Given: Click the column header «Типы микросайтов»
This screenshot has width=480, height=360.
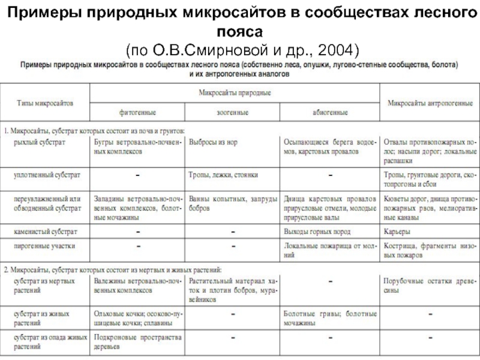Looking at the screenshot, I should (x=44, y=103).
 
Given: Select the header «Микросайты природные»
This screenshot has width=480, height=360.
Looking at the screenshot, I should (x=234, y=93).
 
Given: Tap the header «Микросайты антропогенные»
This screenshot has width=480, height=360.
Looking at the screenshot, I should (x=430, y=103).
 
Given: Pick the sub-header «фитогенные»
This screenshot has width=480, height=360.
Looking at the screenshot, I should (x=137, y=112).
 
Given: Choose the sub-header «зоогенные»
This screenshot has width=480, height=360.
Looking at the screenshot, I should (x=232, y=112).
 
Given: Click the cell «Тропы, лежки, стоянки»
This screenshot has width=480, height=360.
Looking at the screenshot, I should (x=223, y=175).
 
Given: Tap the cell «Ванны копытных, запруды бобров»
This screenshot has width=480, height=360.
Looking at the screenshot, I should (x=233, y=202).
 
